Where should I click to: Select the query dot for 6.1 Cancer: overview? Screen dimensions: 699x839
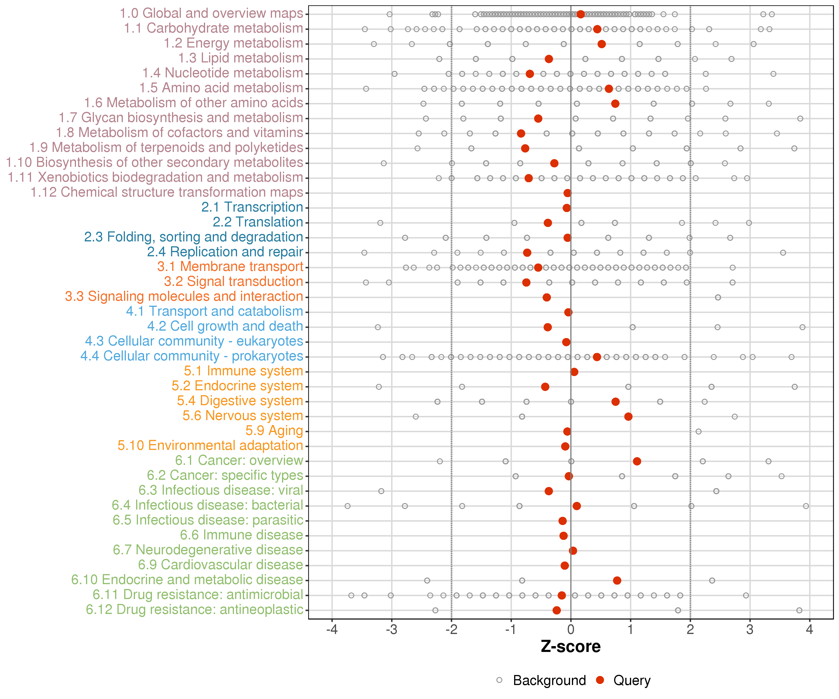637,461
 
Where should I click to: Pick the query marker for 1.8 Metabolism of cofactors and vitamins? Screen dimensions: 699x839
521,134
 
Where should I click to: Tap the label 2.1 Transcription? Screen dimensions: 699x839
252,207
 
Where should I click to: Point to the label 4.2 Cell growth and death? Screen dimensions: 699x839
225,326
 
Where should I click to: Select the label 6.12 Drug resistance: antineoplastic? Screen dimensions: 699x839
195,610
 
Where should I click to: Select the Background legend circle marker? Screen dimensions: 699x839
499,680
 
